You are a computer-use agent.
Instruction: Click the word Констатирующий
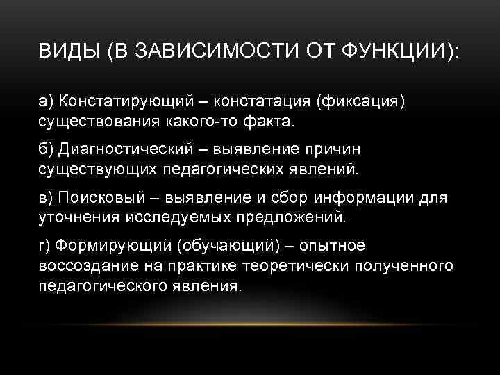pos(119,102)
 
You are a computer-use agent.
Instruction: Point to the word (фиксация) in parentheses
pos(359,102)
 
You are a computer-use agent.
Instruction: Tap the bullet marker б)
pos(45,149)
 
